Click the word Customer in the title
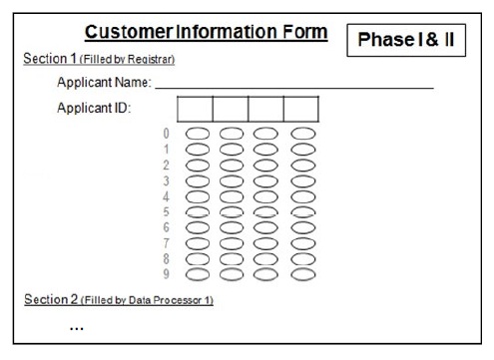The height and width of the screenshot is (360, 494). [129, 32]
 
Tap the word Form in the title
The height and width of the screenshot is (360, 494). [305, 32]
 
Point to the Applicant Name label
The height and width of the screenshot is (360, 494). [104, 82]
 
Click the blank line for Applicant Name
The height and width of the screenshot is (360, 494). [294, 88]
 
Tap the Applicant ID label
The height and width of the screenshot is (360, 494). [94, 108]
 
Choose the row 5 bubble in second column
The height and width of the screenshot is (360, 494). [232, 206]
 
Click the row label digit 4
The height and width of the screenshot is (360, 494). [166, 196]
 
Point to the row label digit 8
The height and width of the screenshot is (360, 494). [166, 258]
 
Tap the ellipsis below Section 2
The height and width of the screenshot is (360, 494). [77, 329]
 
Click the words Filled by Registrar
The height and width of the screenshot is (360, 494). [128, 60]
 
